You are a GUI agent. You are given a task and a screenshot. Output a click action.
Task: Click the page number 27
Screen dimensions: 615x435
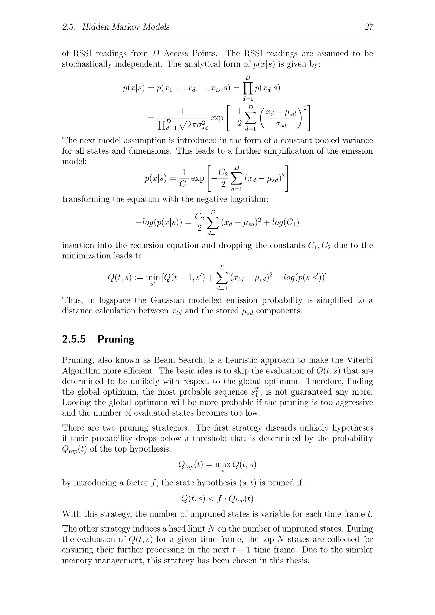(369, 27)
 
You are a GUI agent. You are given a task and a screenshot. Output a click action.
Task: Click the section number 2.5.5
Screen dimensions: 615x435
(74, 339)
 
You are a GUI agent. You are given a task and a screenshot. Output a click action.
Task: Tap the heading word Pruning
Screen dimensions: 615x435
(116, 339)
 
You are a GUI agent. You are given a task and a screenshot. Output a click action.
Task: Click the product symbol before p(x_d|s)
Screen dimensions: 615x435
(248, 88)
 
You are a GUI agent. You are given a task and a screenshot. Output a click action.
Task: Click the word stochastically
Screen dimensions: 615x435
(86, 64)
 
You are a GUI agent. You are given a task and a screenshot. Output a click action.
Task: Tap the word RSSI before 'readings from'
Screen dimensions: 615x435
(82, 53)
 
